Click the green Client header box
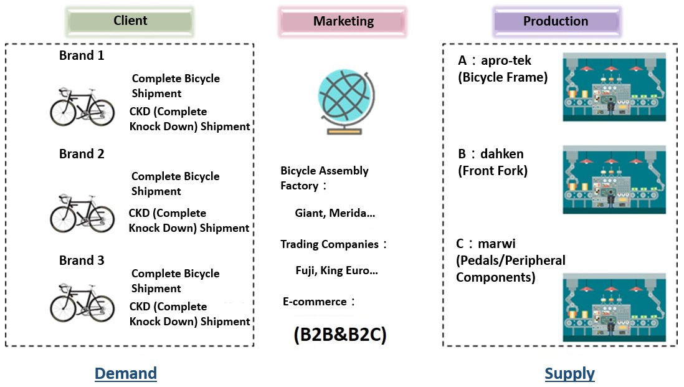pos(130,21)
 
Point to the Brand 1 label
pos(82,55)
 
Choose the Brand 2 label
pos(82,154)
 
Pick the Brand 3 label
pos(82,260)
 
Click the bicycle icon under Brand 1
pos(82,107)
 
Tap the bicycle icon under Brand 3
pos(82,302)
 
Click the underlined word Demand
pos(125,373)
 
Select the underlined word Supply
pos(569,373)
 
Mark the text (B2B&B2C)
pos(340,335)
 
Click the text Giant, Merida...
pos(335,213)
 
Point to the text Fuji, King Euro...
pos(336,270)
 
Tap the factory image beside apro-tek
pos(614,87)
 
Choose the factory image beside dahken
pos(614,180)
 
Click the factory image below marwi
pos(614,308)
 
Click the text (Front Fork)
pos(493,171)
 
